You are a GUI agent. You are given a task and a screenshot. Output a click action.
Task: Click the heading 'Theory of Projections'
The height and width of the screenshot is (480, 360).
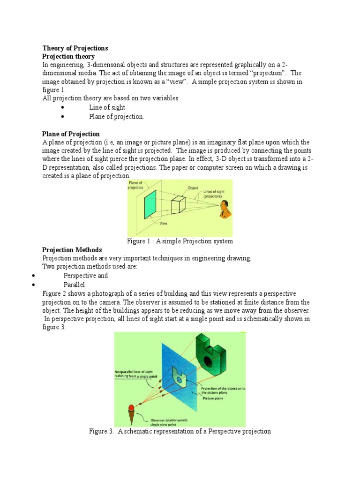coord(75,48)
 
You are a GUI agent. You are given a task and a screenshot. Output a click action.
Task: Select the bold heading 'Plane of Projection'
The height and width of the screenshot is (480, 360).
coord(71,134)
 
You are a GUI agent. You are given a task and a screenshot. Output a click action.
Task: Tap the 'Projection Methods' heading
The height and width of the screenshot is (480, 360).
coord(72,250)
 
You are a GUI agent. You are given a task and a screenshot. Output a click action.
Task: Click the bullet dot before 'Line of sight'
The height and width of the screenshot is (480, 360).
coord(62,108)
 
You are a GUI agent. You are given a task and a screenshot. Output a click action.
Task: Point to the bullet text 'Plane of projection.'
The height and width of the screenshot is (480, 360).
coord(116,117)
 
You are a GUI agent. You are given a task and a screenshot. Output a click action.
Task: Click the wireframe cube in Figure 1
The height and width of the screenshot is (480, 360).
coord(179,205)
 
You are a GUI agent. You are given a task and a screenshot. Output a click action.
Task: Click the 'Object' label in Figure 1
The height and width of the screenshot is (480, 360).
coord(193,188)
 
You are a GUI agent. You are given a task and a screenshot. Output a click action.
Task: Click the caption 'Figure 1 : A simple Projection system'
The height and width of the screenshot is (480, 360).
coord(180,241)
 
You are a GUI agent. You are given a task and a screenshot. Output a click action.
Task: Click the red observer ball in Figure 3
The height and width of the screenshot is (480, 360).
coord(131,405)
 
